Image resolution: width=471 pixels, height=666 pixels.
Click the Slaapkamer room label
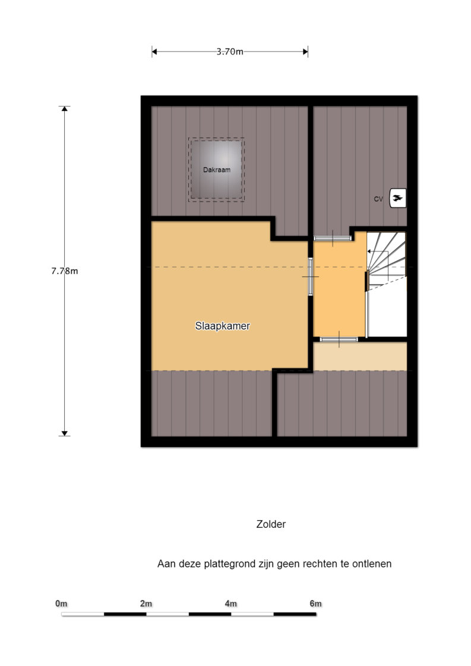tap(222, 326)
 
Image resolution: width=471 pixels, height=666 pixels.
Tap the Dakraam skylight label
tap(217, 170)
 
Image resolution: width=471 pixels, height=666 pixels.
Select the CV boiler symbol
tap(398, 198)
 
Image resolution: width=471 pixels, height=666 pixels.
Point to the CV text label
tap(378, 199)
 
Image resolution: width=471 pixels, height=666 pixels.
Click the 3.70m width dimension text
tap(230, 52)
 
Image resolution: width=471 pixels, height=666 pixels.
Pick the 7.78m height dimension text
tap(65, 271)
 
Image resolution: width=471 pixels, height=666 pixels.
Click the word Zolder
tap(271, 524)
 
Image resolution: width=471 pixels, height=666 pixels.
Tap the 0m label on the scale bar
tap(61, 604)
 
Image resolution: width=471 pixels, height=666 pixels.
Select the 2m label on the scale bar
tap(146, 604)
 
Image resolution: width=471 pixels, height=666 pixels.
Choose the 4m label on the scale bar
tap(230, 604)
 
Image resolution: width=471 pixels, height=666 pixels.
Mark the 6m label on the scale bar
tap(315, 604)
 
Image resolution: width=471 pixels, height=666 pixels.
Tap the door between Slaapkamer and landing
tap(311, 276)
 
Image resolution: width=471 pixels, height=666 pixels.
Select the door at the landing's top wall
tap(333, 238)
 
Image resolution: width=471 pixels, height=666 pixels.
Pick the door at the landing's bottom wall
tap(339, 339)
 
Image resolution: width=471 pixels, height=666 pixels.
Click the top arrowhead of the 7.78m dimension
tap(65, 109)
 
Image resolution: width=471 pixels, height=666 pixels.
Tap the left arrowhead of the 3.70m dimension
tap(154, 52)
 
